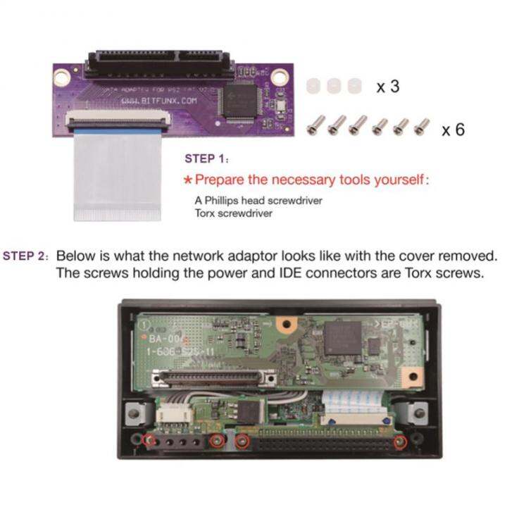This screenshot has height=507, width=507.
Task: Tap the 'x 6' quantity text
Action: point(453,130)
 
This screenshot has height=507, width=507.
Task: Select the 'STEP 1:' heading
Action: point(206,158)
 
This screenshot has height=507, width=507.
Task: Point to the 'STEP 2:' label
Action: point(26,255)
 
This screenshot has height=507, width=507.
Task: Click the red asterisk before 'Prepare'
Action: point(188,180)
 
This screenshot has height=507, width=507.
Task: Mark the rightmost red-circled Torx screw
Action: point(400,442)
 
